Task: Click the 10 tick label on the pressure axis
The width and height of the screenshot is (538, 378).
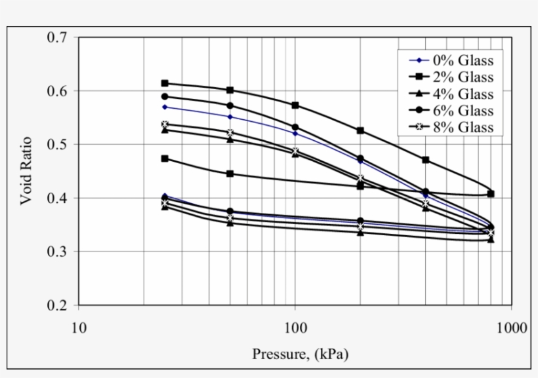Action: coord(79,328)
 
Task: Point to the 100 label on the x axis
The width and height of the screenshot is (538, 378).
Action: coord(295,328)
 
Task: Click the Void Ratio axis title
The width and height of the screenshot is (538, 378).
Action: coord(26,171)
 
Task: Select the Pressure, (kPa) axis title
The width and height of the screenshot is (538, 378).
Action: coord(300,354)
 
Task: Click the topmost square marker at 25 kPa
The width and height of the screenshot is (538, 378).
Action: coord(165,83)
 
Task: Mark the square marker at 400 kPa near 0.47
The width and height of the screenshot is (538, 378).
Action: coord(426,160)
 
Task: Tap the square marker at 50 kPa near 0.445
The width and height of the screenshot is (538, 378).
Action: coord(230,174)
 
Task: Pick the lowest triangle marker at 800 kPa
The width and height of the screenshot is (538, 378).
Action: coord(491,239)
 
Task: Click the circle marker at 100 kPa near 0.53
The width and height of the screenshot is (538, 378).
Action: coord(295,127)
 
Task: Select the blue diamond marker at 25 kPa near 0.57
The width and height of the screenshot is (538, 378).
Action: coord(165,107)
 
